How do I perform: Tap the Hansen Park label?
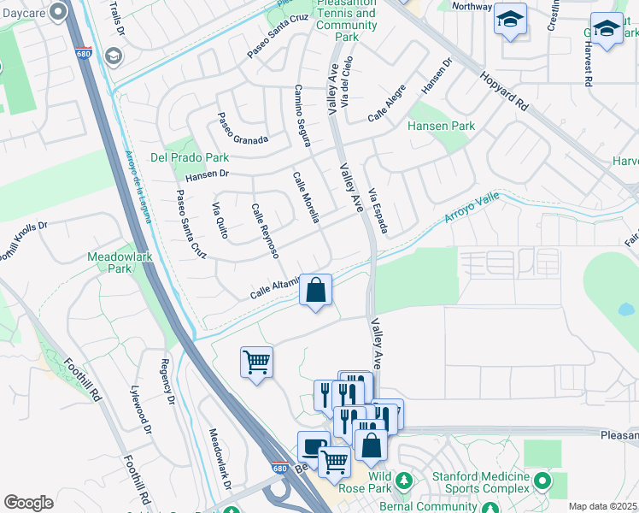[x=442, y=126]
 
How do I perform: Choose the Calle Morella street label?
[x=306, y=198]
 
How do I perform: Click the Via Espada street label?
[x=378, y=211]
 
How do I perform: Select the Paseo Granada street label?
[x=242, y=129]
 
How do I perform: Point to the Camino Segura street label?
[x=302, y=115]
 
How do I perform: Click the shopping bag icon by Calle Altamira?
[x=316, y=290]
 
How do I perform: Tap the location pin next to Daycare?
[x=59, y=11]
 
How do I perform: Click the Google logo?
[x=28, y=502]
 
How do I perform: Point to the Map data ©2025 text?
[x=602, y=506]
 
